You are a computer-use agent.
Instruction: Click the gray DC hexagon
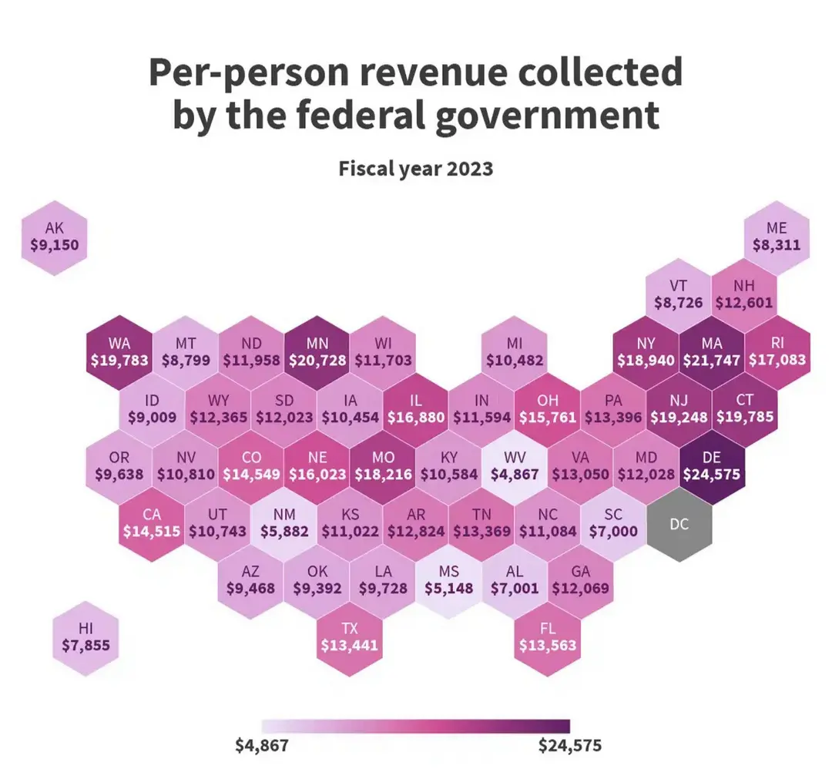[x=679, y=525]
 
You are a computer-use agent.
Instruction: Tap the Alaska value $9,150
[x=55, y=247]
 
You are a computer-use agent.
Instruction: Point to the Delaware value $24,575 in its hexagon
[x=713, y=474]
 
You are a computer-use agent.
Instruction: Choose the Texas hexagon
[x=350, y=636]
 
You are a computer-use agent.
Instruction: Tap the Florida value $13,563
[x=548, y=646]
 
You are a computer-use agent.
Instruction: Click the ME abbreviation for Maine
[x=777, y=228]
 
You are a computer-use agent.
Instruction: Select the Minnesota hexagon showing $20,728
[x=317, y=351]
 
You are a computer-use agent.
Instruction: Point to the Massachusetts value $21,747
[x=713, y=360]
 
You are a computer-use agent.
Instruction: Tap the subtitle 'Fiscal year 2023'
[x=416, y=169]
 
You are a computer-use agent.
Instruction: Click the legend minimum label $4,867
[x=262, y=746]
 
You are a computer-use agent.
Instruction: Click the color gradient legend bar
[x=416, y=727]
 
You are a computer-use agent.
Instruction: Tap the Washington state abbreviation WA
[x=120, y=342]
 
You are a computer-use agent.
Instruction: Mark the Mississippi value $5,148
[x=449, y=588]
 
